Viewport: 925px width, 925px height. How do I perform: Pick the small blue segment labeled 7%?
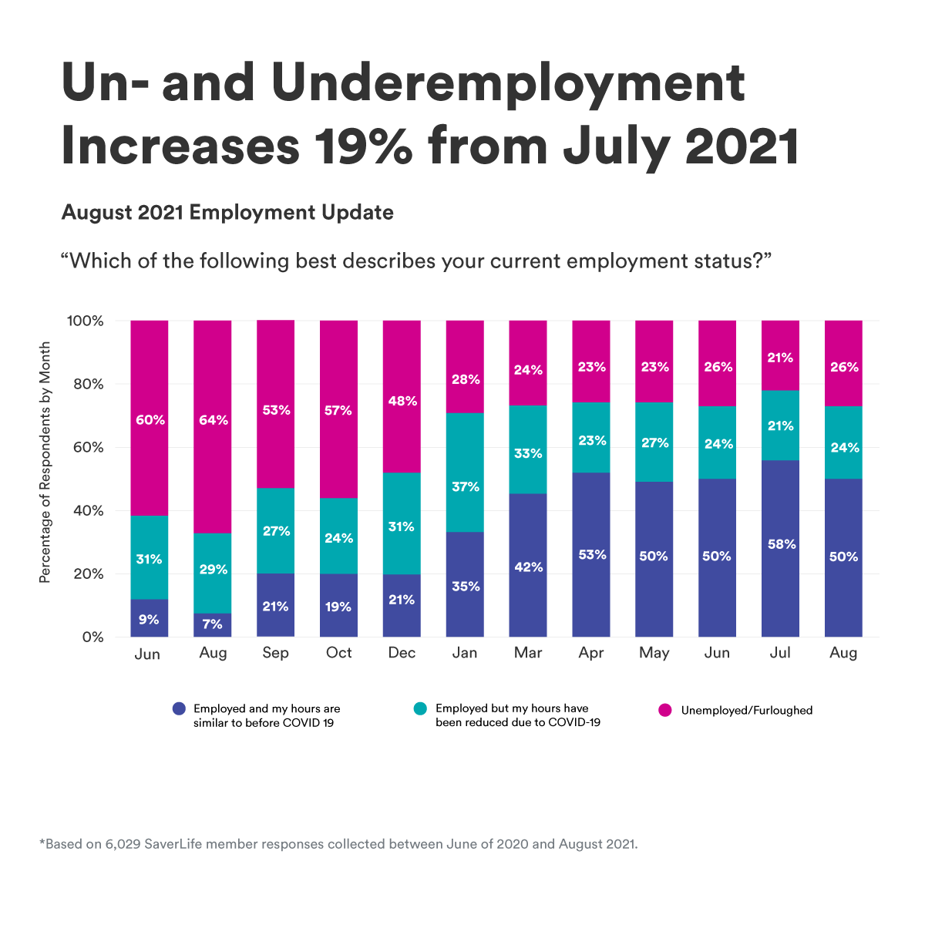[212, 625]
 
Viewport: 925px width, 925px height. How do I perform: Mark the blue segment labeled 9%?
[150, 618]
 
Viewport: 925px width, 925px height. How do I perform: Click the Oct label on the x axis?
[338, 653]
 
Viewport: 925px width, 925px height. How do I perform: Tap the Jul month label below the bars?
[780, 653]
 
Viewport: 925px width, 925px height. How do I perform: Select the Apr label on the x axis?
[590, 653]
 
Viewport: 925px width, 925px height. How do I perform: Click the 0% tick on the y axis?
[92, 637]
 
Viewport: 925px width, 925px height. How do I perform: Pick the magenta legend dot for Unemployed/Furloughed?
[664, 710]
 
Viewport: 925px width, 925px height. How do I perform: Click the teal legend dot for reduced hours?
[420, 708]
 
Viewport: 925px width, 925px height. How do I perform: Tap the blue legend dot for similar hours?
[179, 708]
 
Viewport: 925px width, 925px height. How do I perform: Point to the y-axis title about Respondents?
[45, 462]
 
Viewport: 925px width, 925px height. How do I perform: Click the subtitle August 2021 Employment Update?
[227, 213]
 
